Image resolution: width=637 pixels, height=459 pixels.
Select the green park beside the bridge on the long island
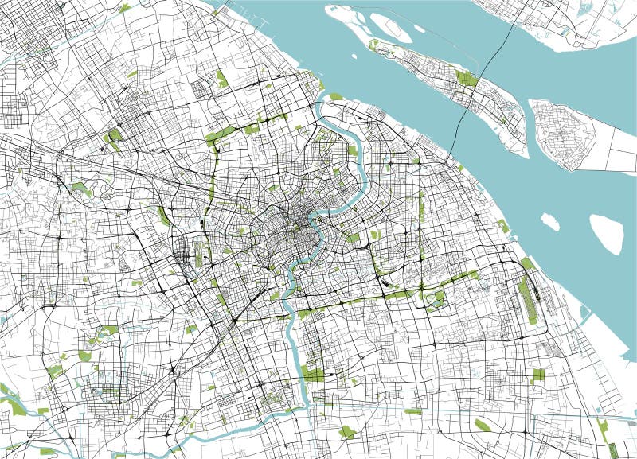point(466,78)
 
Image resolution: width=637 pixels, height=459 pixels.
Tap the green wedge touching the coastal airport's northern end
point(527,263)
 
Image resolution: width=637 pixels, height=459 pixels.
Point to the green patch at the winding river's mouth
point(334,98)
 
